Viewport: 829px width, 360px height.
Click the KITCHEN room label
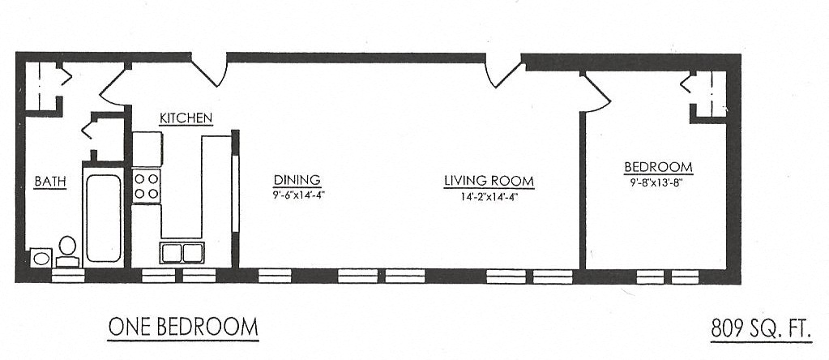click(186, 118)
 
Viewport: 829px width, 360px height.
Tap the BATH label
click(49, 182)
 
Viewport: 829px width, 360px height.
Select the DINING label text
click(297, 180)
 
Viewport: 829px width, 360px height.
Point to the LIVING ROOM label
click(489, 182)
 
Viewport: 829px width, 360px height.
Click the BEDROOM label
click(657, 168)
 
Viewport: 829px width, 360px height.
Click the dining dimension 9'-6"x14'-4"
click(297, 195)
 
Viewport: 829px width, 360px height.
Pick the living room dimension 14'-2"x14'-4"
click(489, 196)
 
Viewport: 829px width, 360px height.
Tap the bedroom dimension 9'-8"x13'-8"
click(658, 182)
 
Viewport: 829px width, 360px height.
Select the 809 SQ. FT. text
click(759, 328)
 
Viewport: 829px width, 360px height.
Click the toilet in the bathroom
click(68, 250)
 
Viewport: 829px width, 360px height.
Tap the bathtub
click(103, 217)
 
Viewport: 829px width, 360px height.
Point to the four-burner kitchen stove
click(147, 186)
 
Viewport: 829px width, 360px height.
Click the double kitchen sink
click(182, 252)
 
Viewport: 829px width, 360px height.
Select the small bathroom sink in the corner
click(40, 258)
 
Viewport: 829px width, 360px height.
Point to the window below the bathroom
click(68, 276)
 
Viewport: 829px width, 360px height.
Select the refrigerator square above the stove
click(147, 148)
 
